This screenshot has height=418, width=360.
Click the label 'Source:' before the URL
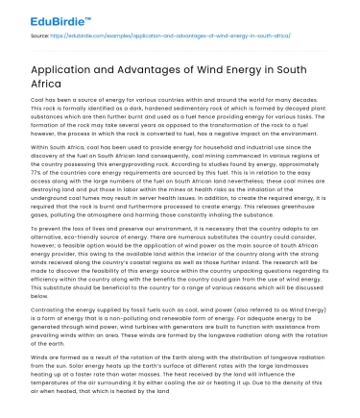point(40,35)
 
